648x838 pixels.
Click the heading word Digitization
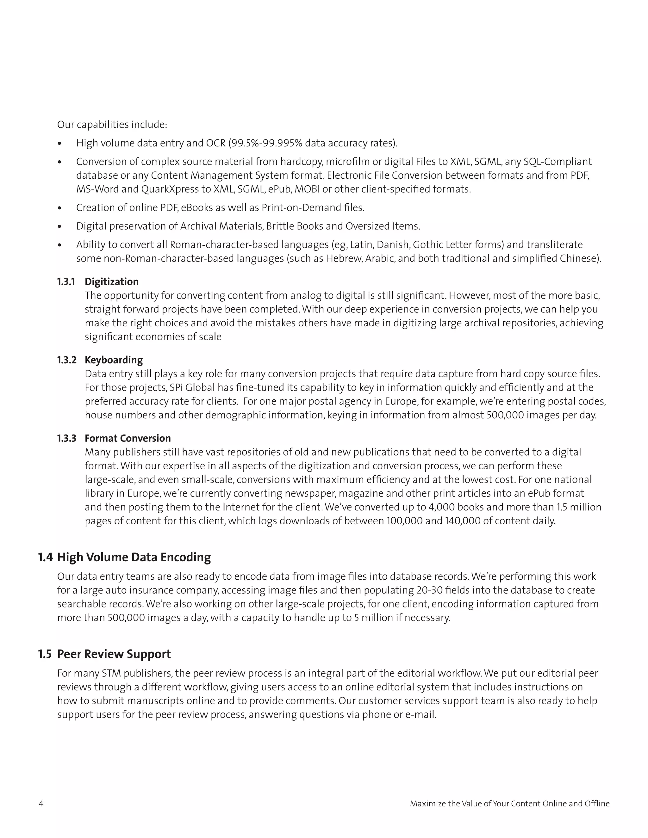click(x=111, y=282)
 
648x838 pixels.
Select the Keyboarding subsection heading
click(x=114, y=360)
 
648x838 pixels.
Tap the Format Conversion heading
click(x=128, y=438)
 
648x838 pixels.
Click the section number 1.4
click(x=45, y=557)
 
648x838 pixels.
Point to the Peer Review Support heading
click(x=114, y=654)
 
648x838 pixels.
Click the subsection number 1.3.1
click(x=66, y=282)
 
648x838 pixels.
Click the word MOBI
click(x=307, y=189)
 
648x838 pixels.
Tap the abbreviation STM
click(x=111, y=673)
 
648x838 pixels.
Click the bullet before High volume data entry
click(x=59, y=144)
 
